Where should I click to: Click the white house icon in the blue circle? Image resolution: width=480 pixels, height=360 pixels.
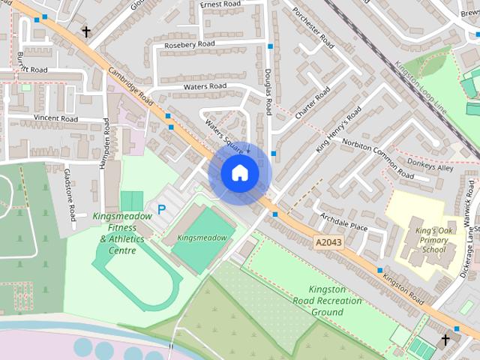click(x=239, y=173)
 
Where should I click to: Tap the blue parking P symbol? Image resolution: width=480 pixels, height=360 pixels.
click(x=160, y=211)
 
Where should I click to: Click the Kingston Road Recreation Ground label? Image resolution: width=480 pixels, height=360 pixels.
click(x=335, y=301)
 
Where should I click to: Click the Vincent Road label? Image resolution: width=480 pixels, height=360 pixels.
click(x=55, y=118)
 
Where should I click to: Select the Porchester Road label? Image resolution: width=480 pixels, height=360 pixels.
click(x=313, y=27)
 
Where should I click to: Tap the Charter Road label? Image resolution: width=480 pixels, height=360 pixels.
click(x=312, y=103)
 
